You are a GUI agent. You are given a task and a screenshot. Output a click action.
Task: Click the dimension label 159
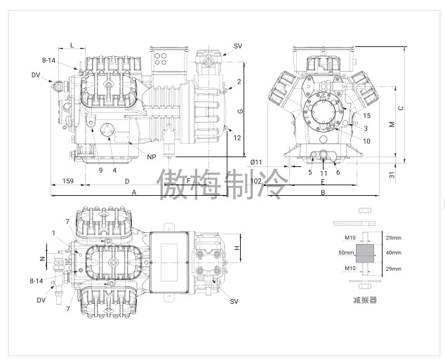click(68, 181)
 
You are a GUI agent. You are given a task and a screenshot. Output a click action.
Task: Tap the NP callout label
click(152, 157)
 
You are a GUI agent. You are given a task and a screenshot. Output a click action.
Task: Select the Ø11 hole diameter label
click(256, 162)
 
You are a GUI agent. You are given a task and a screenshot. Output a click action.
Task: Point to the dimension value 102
click(256, 181)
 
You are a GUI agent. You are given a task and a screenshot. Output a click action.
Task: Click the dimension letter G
click(240, 111)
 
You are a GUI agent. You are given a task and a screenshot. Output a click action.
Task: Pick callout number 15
click(366, 116)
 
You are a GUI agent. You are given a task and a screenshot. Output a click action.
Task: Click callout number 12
click(237, 138)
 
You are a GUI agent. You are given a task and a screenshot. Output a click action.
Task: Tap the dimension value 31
click(392, 175)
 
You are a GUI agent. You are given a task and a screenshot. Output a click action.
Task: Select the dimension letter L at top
click(72, 45)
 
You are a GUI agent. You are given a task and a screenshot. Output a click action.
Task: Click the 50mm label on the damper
click(346, 253)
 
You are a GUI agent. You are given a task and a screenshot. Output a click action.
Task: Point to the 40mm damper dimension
click(394, 253)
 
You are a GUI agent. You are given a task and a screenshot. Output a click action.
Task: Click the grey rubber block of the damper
click(365, 254)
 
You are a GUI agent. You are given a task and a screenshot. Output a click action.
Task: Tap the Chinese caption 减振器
click(365, 300)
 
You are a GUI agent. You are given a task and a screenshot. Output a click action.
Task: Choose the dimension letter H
click(237, 248)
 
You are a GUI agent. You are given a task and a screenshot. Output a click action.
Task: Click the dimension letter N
click(43, 258)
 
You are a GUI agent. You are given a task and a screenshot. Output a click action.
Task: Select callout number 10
click(366, 141)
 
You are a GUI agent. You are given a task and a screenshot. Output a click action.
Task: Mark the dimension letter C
click(401, 108)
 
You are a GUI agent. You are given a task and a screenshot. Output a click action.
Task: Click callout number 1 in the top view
click(53, 233)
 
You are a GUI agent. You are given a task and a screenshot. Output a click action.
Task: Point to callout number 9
click(101, 171)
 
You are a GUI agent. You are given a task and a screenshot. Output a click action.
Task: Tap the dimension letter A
click(134, 192)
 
